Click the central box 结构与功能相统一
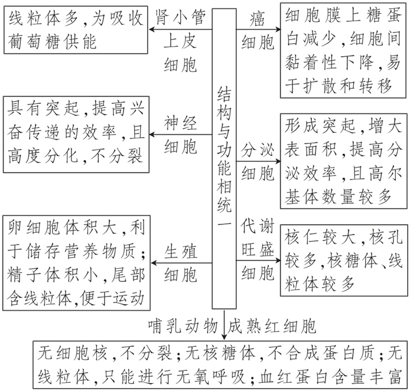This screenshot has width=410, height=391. (x=224, y=159)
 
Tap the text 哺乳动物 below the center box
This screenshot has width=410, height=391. (x=184, y=325)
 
